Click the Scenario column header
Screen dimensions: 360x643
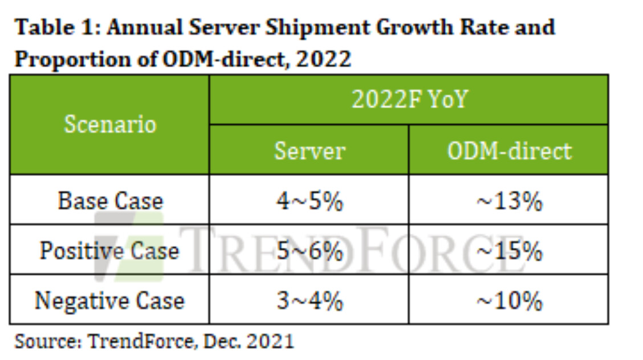[110, 124]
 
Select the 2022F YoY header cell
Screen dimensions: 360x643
[409, 100]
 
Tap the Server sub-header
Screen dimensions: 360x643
[310, 150]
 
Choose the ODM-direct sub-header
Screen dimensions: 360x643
[509, 150]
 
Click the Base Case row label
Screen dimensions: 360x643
[110, 201]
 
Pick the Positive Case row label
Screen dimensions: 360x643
[109, 251]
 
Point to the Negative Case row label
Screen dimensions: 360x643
[109, 300]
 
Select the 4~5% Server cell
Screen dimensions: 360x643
[310, 201]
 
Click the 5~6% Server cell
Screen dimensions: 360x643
[310, 251]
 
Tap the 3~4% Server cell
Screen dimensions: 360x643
[310, 300]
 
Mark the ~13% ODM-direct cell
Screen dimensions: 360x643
[509, 201]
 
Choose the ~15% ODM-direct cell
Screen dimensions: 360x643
[509, 251]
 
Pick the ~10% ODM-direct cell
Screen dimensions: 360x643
[509, 300]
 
